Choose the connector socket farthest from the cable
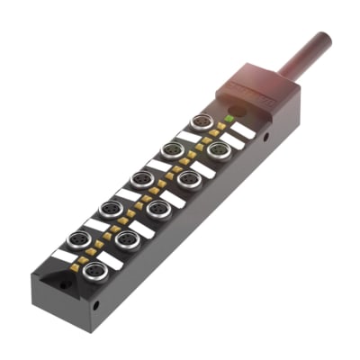[91, 269]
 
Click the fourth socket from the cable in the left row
[110, 208]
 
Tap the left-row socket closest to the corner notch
[79, 238]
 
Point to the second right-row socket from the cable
[188, 177]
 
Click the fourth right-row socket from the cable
[126, 238]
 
